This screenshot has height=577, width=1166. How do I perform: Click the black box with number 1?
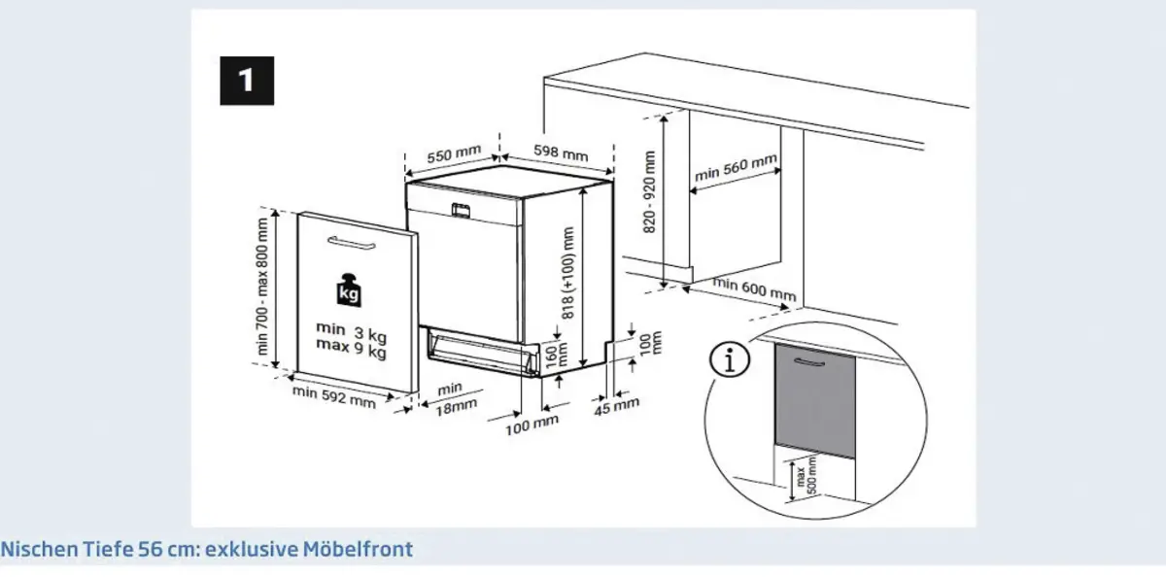pyautogui.click(x=246, y=81)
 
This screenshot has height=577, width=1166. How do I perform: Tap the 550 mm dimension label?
pyautogui.click(x=454, y=154)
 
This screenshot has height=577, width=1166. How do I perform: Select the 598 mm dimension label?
pyautogui.click(x=561, y=154)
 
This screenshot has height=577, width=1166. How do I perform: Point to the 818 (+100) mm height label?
pyautogui.click(x=568, y=273)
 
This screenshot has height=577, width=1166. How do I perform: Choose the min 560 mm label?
pyautogui.click(x=737, y=169)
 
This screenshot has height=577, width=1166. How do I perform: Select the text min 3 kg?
pyautogui.click(x=351, y=330)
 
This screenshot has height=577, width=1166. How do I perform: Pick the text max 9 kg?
pyautogui.click(x=351, y=349)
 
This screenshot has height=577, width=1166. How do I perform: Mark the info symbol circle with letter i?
pyautogui.click(x=733, y=361)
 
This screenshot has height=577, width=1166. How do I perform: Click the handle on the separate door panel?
pyautogui.click(x=357, y=241)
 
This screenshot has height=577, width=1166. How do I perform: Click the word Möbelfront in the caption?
pyautogui.click(x=365, y=550)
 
